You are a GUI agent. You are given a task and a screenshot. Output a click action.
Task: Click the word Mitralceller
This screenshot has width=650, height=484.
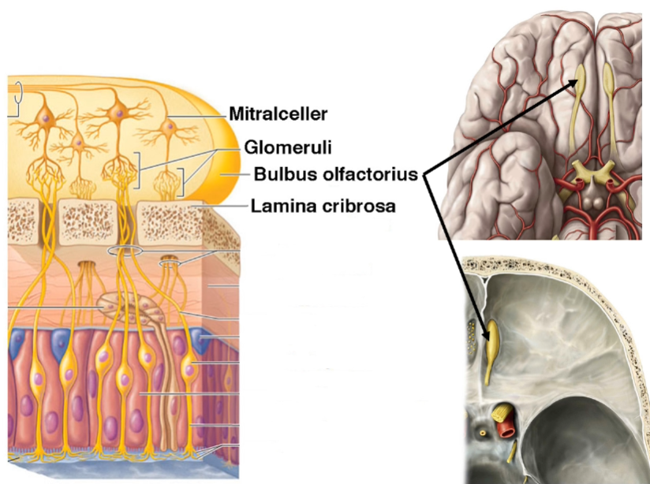278,114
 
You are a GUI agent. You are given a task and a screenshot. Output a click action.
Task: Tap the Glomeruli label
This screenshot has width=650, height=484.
278,147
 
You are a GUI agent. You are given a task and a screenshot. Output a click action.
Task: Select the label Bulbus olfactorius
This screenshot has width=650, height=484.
335,174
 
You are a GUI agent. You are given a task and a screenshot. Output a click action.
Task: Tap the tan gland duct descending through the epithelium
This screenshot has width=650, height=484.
163,370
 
